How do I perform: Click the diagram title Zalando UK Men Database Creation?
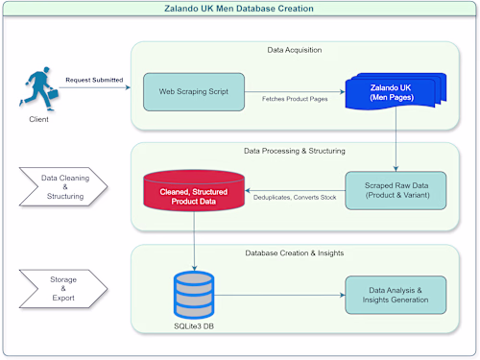click(x=240, y=9)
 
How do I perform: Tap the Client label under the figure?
click(x=39, y=121)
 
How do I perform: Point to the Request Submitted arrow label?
click(x=93, y=80)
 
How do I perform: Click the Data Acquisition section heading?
click(x=294, y=49)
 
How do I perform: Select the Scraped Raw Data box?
click(x=396, y=189)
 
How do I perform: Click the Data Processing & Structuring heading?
click(x=294, y=151)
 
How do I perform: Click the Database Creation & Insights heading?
click(x=294, y=252)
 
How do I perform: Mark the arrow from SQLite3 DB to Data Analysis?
click(x=278, y=295)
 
